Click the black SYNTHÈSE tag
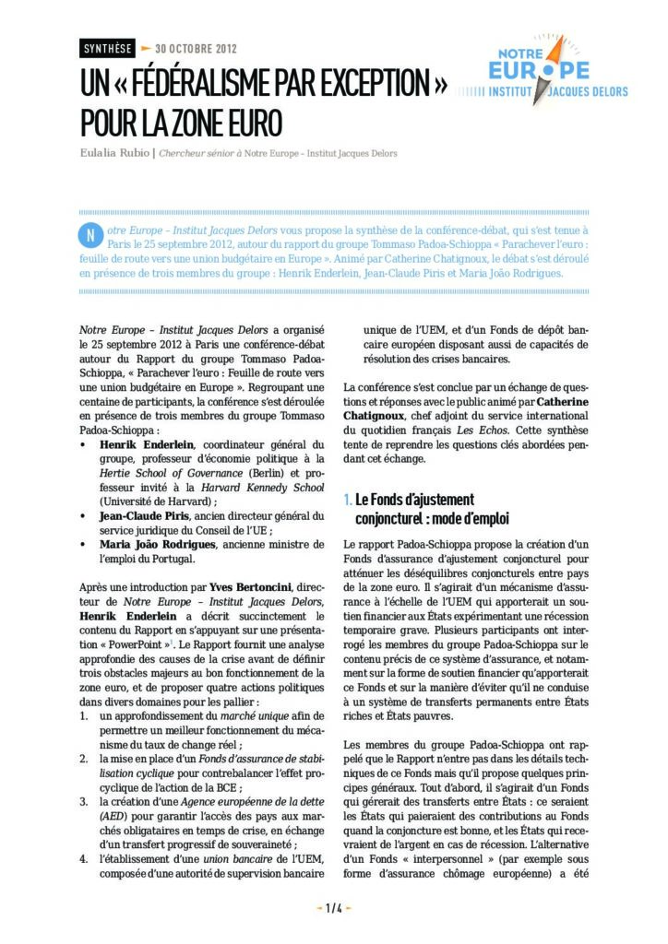107,48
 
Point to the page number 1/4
333,908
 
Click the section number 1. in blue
347,500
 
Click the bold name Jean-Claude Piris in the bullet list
144,516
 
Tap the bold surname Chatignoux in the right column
381,417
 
